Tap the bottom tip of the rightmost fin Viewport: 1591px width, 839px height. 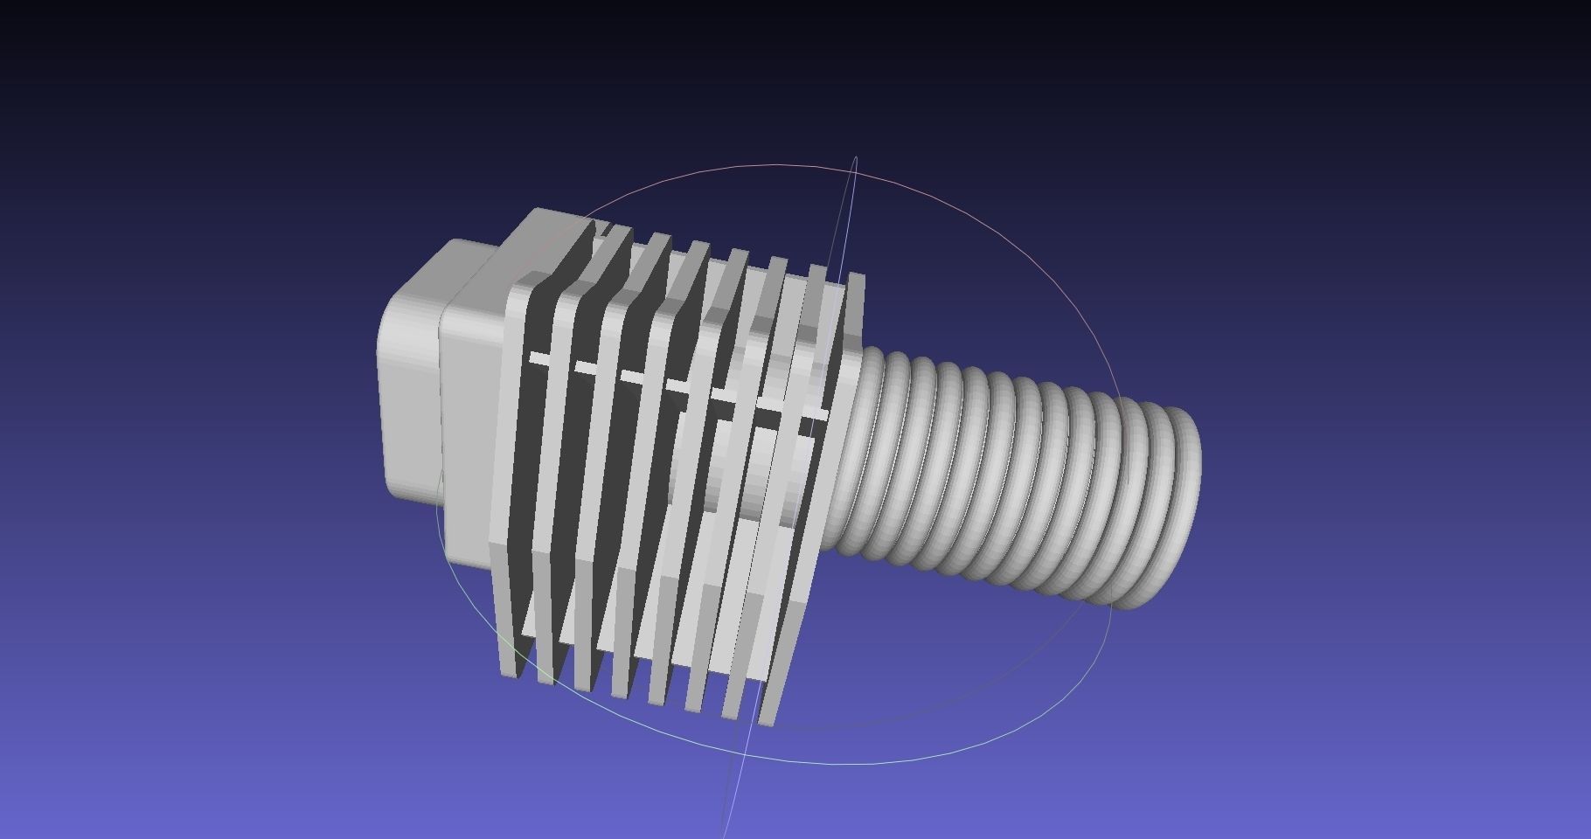click(768, 722)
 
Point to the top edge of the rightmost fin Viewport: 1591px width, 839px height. click(856, 278)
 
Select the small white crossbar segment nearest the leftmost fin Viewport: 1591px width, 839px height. click(541, 358)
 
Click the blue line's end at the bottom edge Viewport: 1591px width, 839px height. click(725, 835)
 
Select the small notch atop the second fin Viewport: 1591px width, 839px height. click(603, 229)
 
